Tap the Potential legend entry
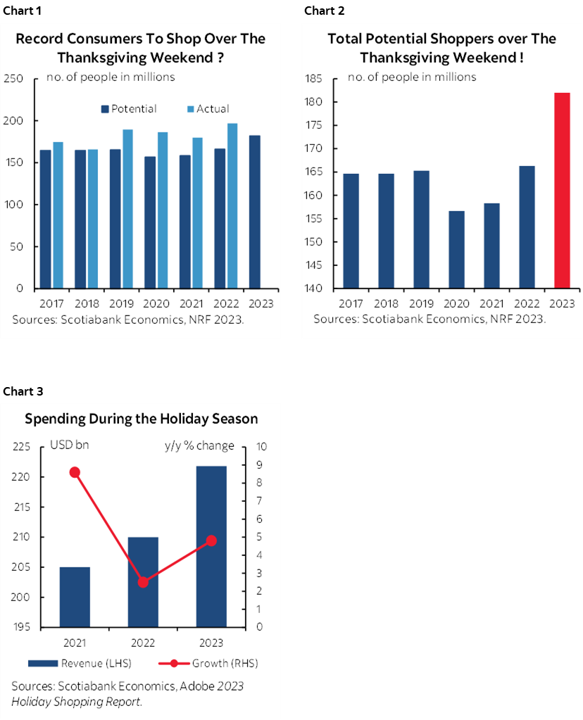click(x=130, y=109)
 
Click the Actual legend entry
click(x=208, y=109)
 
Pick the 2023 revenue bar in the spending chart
click(x=211, y=546)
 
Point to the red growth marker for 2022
click(x=143, y=582)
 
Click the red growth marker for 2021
click(x=75, y=472)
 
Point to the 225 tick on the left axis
click(x=22, y=447)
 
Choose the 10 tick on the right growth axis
click(x=261, y=447)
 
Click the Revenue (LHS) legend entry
click(x=80, y=663)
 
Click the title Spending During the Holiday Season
click(x=141, y=419)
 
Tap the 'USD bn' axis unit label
click(x=70, y=446)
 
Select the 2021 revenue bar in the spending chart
click(x=75, y=597)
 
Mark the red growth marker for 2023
click(x=211, y=541)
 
